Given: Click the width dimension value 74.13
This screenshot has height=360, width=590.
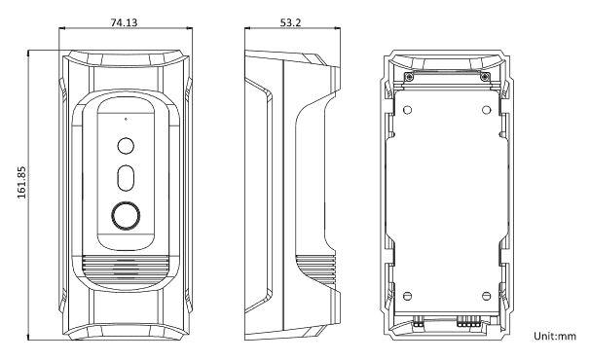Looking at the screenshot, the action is click(124, 22).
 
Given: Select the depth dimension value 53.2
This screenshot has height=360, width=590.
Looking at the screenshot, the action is click(290, 22).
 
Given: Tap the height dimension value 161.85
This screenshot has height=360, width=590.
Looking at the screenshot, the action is click(21, 183).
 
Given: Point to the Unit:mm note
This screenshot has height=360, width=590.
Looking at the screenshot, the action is click(555, 336).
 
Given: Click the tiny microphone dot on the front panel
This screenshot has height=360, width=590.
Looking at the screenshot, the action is click(126, 120).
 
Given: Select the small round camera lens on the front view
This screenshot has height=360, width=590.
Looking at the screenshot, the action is click(126, 146).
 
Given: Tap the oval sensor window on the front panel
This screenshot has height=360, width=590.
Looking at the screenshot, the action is click(126, 178).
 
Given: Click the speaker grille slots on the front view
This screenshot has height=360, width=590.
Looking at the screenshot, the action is click(126, 270).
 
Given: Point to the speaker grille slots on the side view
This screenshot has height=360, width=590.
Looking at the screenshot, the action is click(315, 270).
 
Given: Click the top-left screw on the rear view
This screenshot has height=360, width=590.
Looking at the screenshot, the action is click(409, 77).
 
